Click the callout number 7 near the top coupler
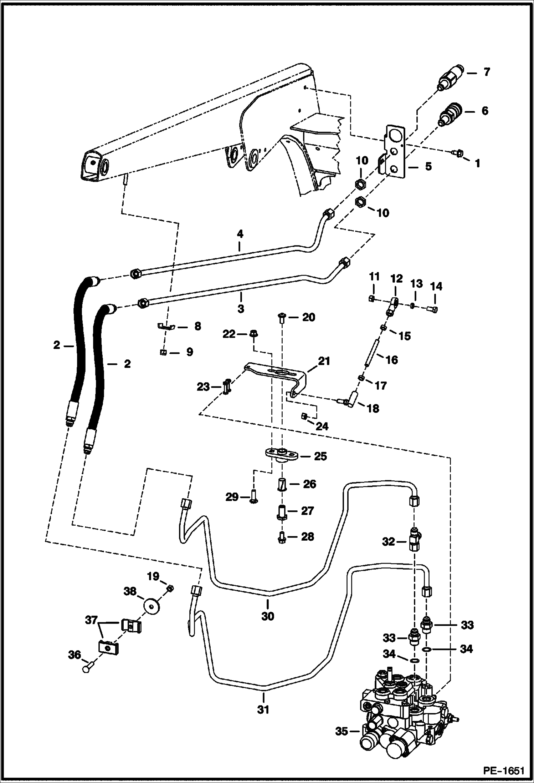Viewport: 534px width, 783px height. [487, 72]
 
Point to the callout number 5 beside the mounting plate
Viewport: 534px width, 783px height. [428, 166]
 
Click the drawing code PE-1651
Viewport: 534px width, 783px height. [504, 771]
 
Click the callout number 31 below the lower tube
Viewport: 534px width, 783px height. [263, 710]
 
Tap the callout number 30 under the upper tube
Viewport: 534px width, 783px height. [268, 616]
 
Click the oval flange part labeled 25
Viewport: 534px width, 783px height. [281, 454]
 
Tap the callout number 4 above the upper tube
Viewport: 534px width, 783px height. [240, 234]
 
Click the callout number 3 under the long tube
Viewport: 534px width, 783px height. [241, 309]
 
